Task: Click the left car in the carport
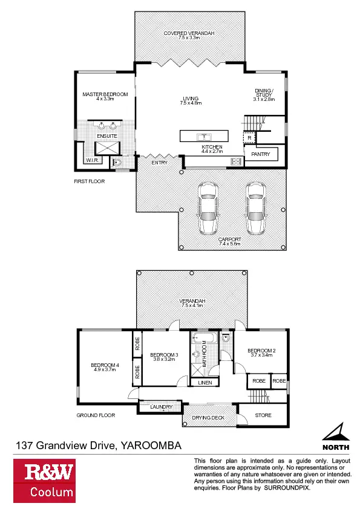point(208,209)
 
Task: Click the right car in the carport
point(255,209)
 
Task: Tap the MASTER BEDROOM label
point(105,95)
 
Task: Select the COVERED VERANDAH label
point(189,33)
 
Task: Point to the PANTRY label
point(260,155)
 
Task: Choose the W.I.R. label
point(93,160)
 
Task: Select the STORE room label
point(263,415)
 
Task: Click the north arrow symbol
point(335,433)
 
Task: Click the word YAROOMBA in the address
point(151,446)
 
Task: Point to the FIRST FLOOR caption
point(86,180)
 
